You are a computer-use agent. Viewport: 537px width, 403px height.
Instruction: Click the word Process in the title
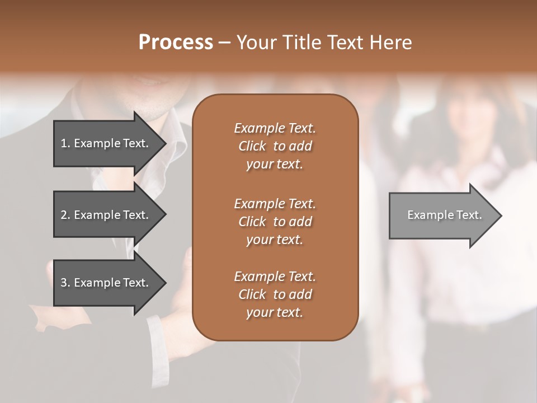pyautogui.click(x=176, y=43)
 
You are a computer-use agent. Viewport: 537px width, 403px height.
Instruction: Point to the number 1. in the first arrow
pyautogui.click(x=65, y=143)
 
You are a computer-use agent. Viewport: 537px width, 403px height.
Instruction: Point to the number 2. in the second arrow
pyautogui.click(x=65, y=215)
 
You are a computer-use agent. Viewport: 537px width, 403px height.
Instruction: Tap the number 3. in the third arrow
pyautogui.click(x=65, y=283)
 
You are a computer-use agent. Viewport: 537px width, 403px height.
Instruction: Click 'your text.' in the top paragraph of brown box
pyautogui.click(x=274, y=165)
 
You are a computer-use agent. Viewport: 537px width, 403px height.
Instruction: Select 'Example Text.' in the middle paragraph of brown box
pyautogui.click(x=275, y=203)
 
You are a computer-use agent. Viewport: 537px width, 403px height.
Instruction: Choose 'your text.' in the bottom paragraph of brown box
pyautogui.click(x=274, y=313)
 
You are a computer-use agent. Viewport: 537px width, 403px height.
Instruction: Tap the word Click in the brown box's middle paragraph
pyautogui.click(x=252, y=222)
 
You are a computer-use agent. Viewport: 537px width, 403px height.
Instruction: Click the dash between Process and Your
pyautogui.click(x=225, y=43)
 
